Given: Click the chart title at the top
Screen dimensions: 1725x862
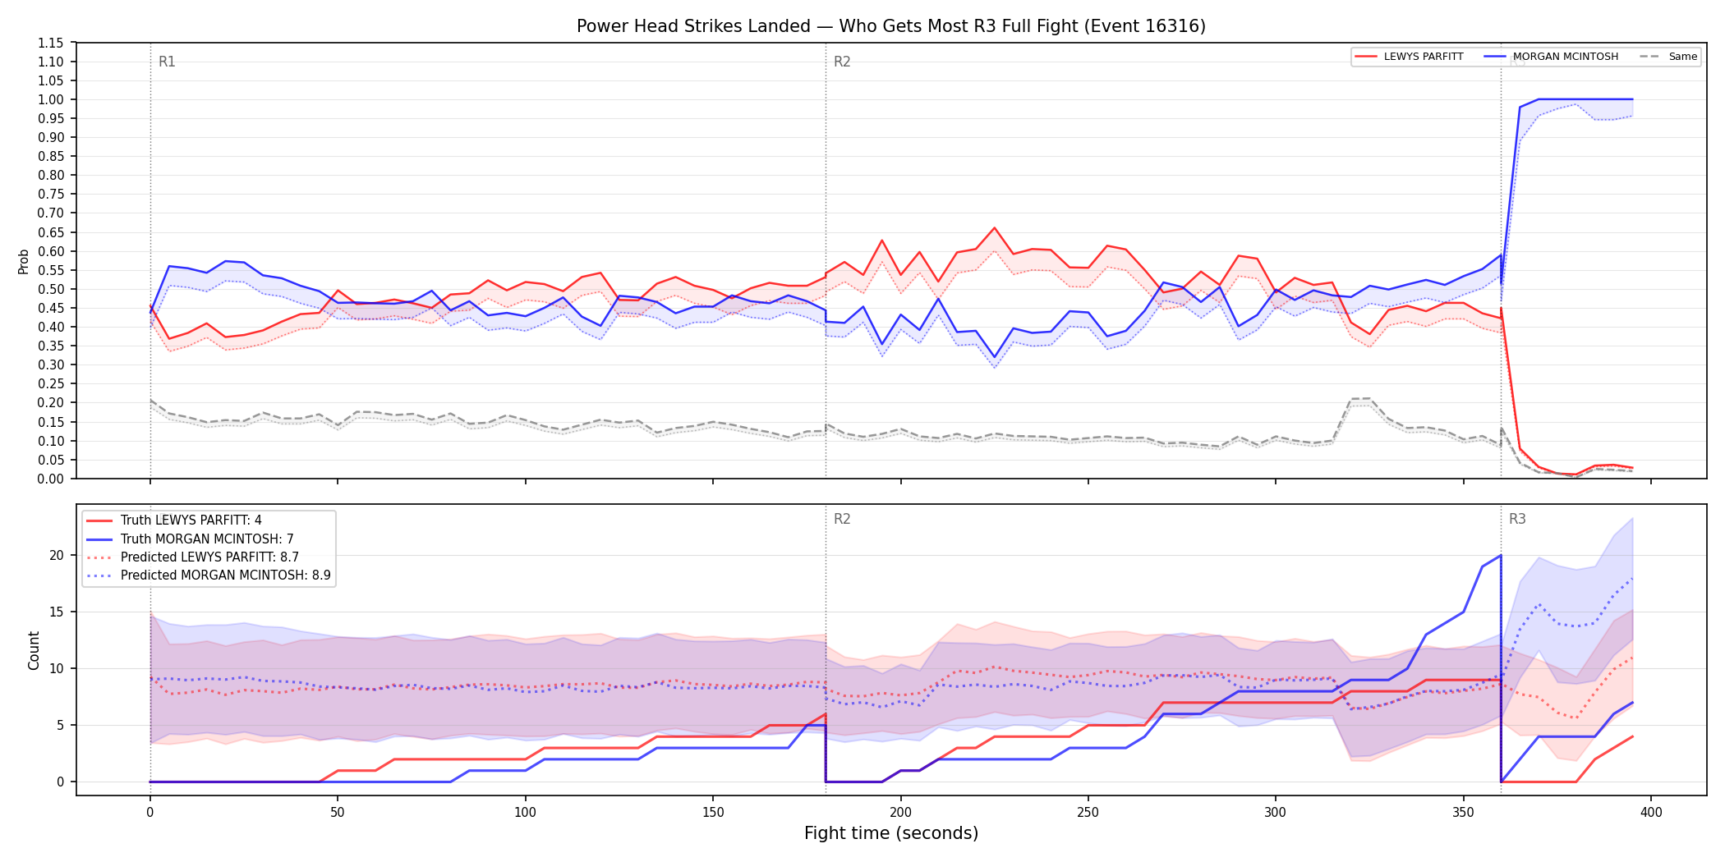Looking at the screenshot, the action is [891, 26].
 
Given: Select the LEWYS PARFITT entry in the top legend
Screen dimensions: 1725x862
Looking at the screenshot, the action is [1410, 57].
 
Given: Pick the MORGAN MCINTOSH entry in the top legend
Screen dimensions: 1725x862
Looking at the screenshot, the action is [1552, 57].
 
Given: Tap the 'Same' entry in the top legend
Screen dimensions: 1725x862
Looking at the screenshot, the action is [1668, 57].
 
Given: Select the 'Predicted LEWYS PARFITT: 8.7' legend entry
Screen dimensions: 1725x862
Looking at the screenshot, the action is [193, 557].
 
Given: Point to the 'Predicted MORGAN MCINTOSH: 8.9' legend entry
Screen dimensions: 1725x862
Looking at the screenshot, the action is [209, 575].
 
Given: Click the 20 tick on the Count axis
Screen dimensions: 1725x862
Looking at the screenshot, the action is [57, 555].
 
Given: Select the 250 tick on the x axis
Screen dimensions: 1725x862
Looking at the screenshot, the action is [1088, 813].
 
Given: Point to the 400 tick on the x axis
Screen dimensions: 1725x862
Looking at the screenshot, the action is [1651, 813].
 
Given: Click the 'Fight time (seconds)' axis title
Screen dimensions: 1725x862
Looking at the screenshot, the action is [891, 833].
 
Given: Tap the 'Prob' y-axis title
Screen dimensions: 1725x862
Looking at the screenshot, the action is [24, 261].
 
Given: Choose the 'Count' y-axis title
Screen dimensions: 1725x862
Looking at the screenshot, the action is [34, 650].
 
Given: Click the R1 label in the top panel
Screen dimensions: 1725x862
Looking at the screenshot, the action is [167, 62].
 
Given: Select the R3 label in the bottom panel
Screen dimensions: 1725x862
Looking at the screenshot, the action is [1517, 519].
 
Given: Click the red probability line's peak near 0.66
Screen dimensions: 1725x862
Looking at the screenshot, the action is [994, 228].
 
